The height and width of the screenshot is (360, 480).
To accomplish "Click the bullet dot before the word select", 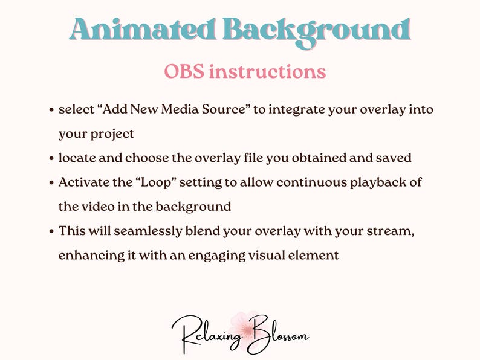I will tap(52, 111).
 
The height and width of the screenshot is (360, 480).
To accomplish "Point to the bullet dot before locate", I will tap(52, 159).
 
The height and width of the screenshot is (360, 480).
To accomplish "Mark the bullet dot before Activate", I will tap(52, 183).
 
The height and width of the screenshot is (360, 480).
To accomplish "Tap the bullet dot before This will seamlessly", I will tap(52, 231).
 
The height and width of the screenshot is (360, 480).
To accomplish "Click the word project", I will tap(113, 134).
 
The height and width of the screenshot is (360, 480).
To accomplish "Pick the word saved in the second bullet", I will tap(394, 158).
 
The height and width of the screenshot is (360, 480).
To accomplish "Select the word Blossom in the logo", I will tap(277, 333).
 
